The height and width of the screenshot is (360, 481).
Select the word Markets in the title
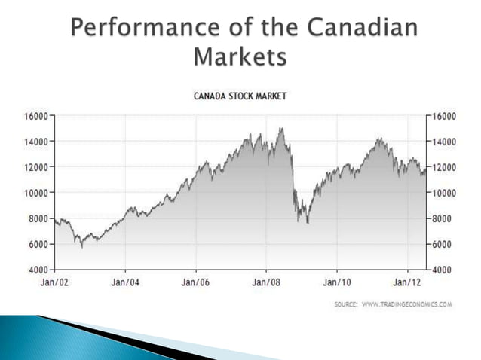point(240,56)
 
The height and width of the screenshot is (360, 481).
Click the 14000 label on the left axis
point(35,141)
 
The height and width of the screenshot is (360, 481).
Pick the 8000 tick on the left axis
point(38,218)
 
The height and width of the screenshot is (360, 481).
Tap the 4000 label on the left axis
point(38,269)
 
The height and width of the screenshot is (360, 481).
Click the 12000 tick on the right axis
point(446,166)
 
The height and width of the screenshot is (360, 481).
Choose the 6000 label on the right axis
point(443,243)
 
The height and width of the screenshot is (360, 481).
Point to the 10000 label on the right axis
point(446,192)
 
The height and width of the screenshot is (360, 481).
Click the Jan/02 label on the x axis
point(54,282)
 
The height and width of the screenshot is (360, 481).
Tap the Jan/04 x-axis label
point(125,282)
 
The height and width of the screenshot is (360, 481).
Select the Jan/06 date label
point(195,282)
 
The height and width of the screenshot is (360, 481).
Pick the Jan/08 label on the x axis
point(266,282)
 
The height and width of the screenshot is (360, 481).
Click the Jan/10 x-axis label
point(336,282)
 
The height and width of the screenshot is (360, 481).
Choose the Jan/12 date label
point(407,282)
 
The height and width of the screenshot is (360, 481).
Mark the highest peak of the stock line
point(281,128)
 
